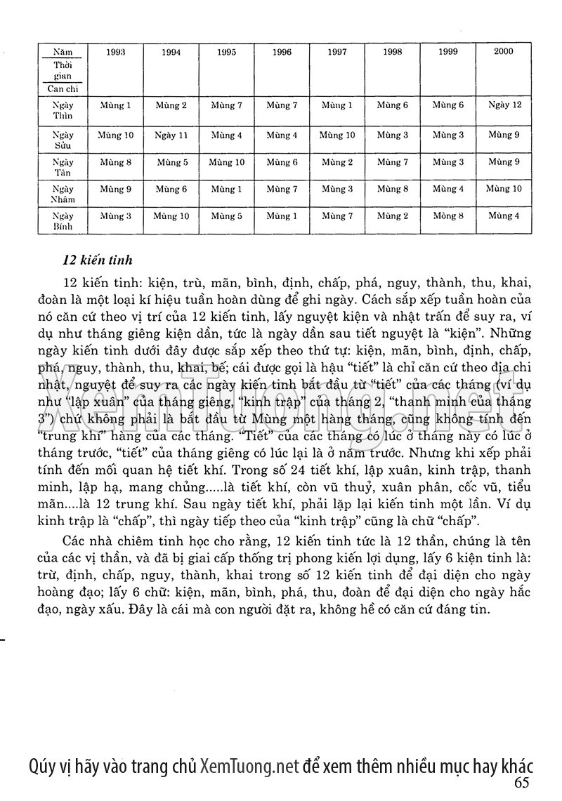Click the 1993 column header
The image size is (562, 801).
(x=116, y=52)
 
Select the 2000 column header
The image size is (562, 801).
(x=503, y=51)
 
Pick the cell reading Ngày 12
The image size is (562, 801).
(x=504, y=105)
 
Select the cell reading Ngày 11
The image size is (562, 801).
(x=171, y=135)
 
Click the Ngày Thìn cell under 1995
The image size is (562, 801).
(x=226, y=105)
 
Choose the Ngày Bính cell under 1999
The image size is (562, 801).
(x=448, y=216)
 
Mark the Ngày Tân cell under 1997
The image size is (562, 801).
(x=337, y=162)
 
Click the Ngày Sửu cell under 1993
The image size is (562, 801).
(x=116, y=135)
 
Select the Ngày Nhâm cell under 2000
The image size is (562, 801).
(x=504, y=189)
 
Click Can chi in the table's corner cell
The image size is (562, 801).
(x=63, y=89)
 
